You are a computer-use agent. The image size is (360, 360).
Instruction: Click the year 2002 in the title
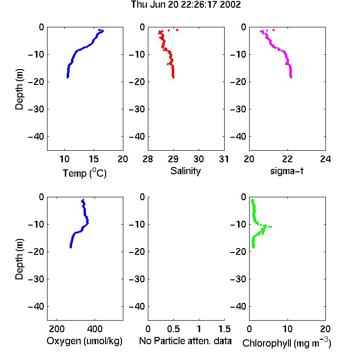tap(230, 4)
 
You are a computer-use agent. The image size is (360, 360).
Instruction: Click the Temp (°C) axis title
tap(84, 173)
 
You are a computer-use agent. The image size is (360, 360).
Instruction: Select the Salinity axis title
tap(185, 171)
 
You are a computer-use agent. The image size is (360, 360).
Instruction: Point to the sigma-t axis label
tap(287, 171)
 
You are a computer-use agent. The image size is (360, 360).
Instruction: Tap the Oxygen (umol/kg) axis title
tap(84, 341)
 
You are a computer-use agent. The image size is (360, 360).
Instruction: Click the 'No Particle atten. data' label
tap(185, 341)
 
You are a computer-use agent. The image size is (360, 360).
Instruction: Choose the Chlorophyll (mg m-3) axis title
tap(287, 342)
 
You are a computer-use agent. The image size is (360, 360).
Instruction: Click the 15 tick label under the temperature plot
tap(94, 159)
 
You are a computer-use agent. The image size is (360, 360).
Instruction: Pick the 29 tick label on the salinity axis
tap(173, 159)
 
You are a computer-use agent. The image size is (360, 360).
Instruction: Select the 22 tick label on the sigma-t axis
tap(287, 159)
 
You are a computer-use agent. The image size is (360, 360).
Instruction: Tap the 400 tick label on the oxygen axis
tap(95, 329)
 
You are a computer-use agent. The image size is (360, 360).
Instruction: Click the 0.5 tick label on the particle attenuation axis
tap(173, 329)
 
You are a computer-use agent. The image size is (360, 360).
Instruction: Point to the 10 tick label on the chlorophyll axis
tap(287, 329)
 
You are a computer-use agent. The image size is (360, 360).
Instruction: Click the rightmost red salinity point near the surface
tap(177, 30)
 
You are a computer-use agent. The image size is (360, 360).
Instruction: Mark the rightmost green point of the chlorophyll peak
tap(271, 227)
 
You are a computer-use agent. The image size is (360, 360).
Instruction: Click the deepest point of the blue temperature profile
tap(68, 77)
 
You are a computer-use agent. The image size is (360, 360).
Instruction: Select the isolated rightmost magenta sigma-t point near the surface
tap(274, 30)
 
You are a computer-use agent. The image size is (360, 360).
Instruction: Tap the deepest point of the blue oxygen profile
tap(71, 247)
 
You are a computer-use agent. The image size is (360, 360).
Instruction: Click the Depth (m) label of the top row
tap(19, 89)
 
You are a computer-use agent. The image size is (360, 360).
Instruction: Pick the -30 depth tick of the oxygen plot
tap(36, 279)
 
